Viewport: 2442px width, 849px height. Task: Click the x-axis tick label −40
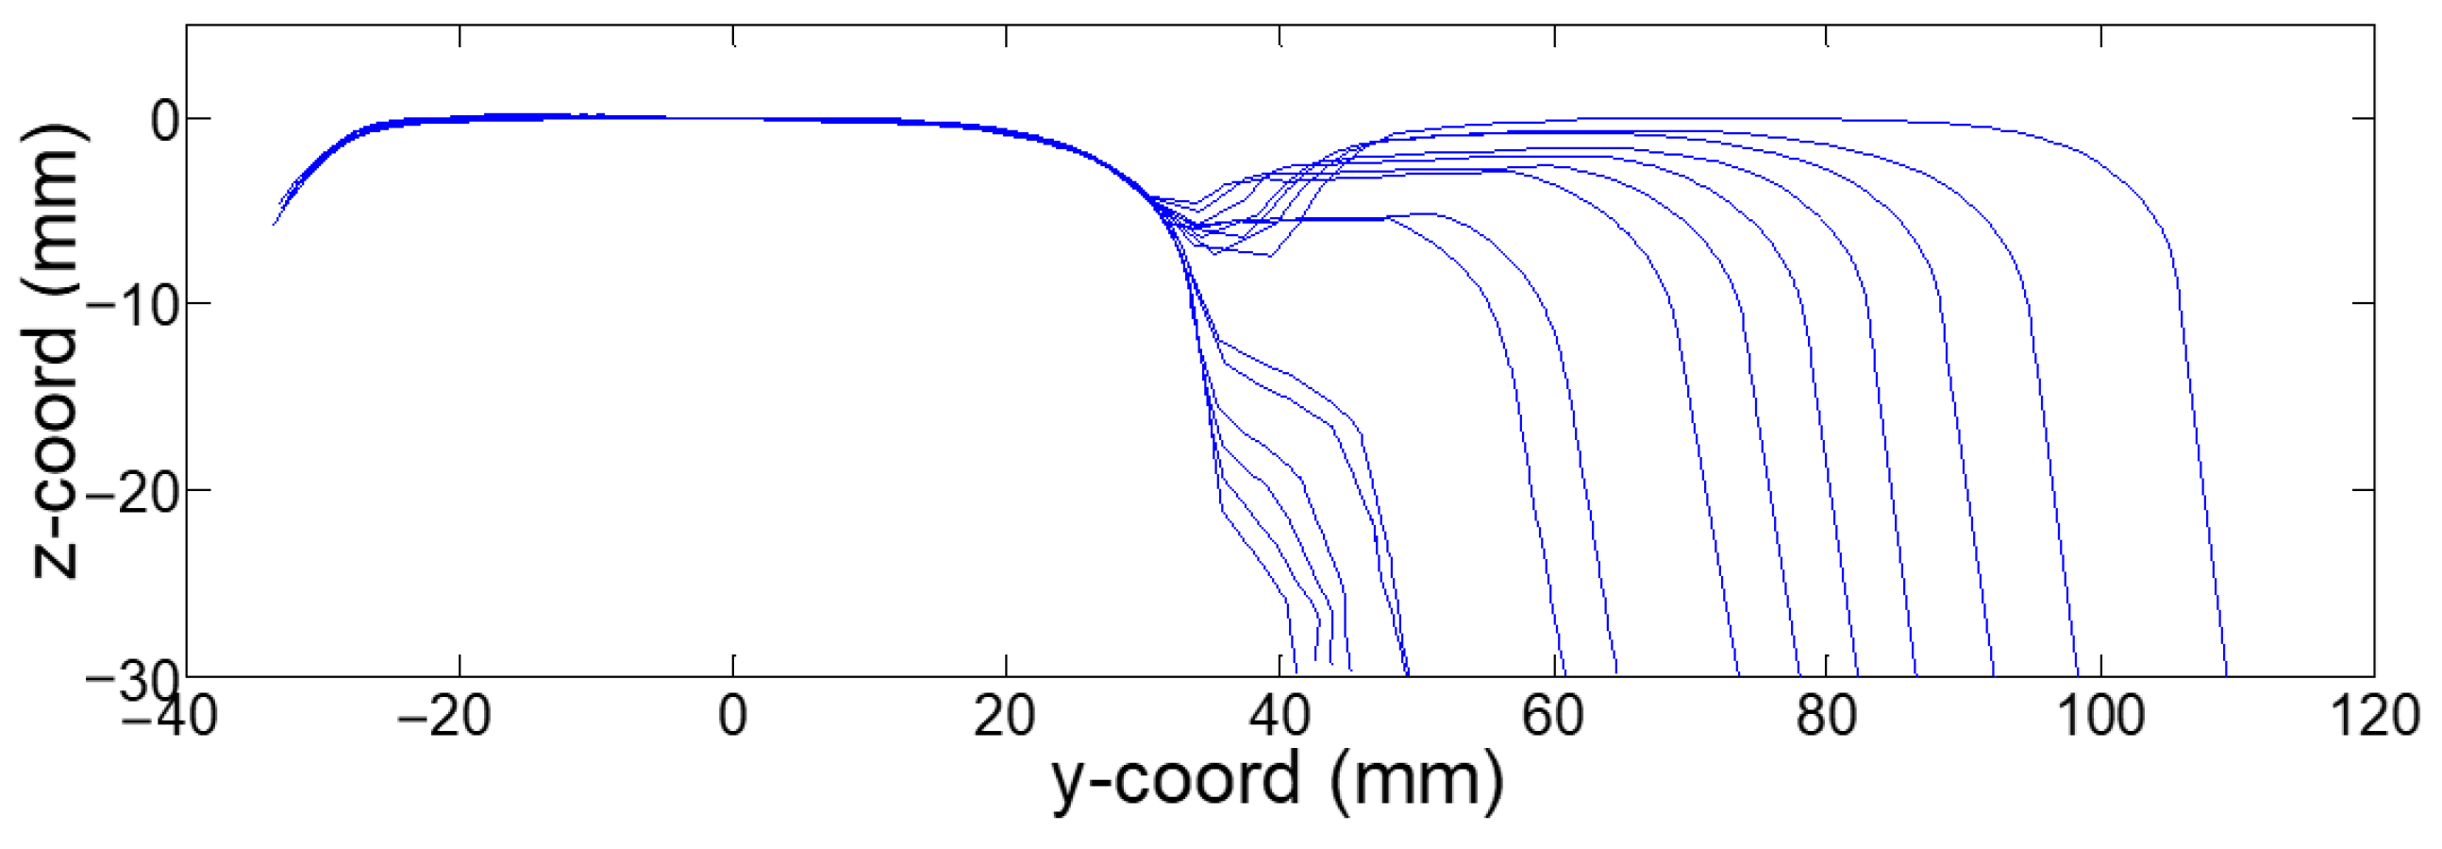click(170, 716)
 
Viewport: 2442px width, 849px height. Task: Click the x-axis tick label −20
click(443, 716)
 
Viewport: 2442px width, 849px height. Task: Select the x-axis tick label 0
click(733, 716)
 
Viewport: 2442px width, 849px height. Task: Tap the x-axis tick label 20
click(1005, 716)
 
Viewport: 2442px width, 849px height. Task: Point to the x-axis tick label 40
click(1279, 716)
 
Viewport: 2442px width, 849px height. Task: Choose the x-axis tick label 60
click(1552, 716)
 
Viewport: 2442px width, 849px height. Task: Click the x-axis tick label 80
click(1826, 716)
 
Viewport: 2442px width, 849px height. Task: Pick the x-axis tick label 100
click(2099, 716)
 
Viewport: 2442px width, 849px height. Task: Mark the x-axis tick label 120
click(2374, 716)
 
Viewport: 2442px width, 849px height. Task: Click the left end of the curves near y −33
click(274, 224)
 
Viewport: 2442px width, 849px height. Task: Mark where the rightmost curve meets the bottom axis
click(2226, 674)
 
